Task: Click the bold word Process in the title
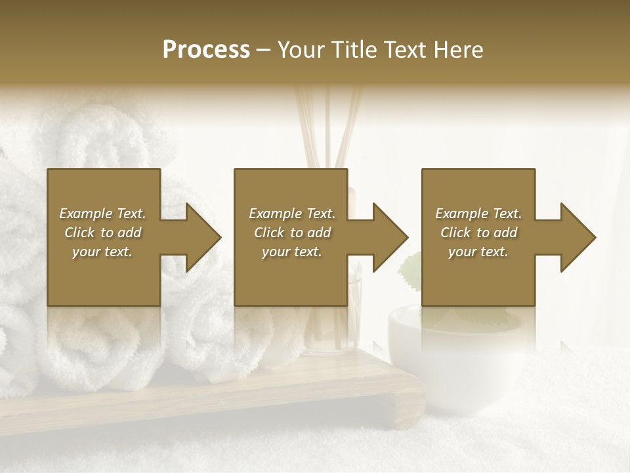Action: tap(206, 50)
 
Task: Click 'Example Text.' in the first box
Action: tap(102, 214)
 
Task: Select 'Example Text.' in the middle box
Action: tap(292, 214)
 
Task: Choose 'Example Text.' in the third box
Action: tap(478, 214)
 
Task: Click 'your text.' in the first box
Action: tap(102, 252)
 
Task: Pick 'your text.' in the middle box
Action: tap(292, 252)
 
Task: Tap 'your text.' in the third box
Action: tap(478, 252)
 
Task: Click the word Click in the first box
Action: tap(79, 233)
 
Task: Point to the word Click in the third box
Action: tap(455, 233)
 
